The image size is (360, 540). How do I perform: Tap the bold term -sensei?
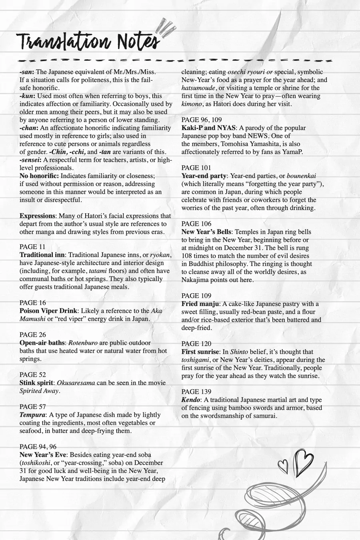(30, 160)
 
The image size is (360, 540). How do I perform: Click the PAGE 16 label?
(33, 303)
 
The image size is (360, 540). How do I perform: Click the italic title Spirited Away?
(39, 391)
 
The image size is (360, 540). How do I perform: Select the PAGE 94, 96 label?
(38, 447)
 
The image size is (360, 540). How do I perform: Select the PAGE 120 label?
(196, 344)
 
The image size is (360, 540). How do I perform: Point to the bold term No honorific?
(39, 176)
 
